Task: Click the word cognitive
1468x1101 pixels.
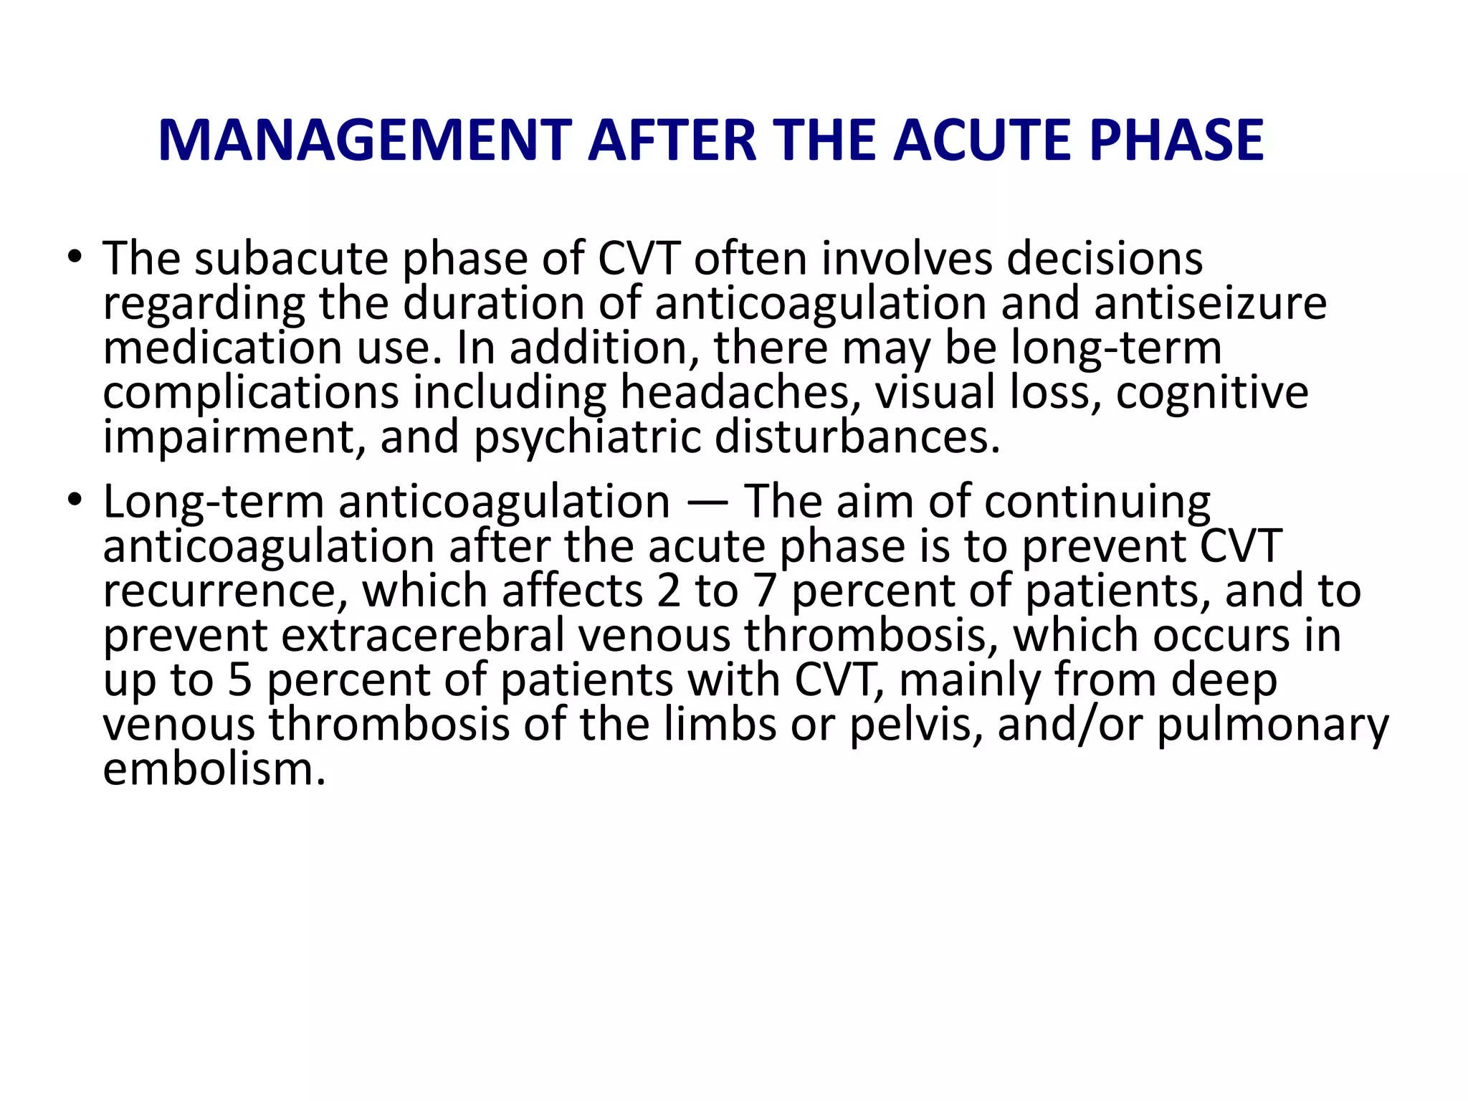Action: coord(1211,393)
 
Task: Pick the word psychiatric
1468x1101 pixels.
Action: coord(587,437)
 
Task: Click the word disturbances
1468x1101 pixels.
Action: coord(857,437)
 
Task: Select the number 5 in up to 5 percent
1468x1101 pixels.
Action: coord(240,680)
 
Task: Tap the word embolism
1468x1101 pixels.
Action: coord(214,769)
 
